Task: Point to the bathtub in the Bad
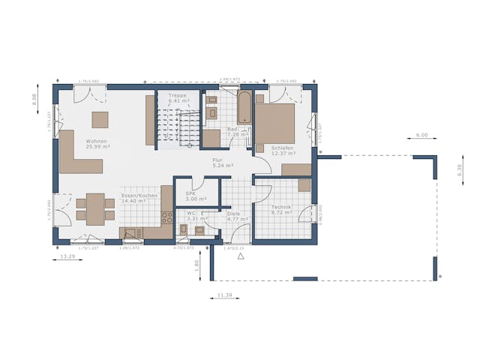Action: pos(245,107)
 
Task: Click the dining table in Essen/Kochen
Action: pos(94,208)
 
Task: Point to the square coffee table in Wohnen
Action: pos(100,120)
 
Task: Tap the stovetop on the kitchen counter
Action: pos(166,217)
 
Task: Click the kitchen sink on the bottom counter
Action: pos(132,233)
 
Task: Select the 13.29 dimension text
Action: pos(67,256)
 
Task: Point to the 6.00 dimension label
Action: pos(421,136)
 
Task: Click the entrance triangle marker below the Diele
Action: pos(241,256)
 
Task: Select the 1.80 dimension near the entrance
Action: pos(196,264)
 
